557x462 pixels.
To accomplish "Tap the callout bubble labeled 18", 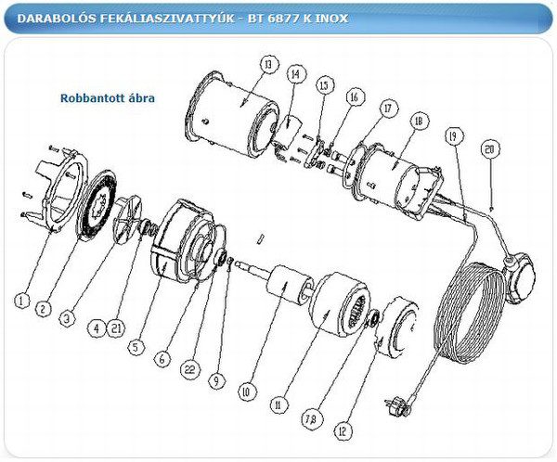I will [x=419, y=122].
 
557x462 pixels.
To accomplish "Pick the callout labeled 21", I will [x=114, y=327].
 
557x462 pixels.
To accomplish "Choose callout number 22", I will [x=191, y=368].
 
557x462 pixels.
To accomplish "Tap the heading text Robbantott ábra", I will [x=107, y=97].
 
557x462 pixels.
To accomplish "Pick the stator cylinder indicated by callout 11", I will [x=331, y=310].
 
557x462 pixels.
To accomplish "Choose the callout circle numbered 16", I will [x=353, y=96].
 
